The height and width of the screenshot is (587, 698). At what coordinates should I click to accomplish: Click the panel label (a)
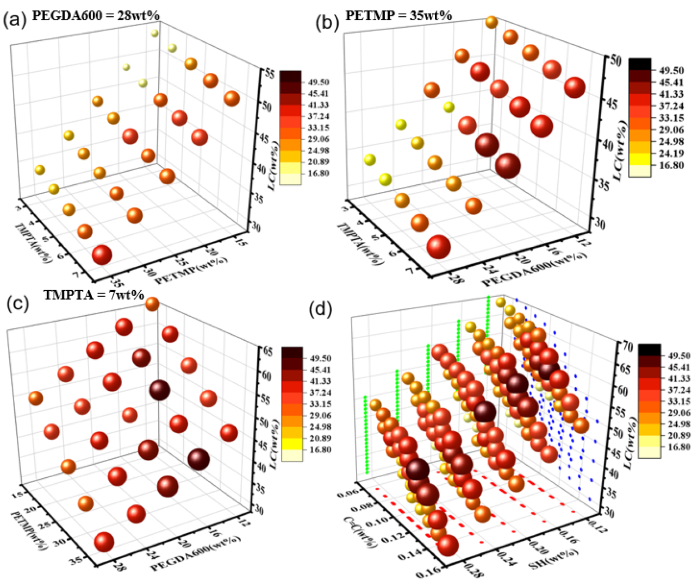click(x=14, y=20)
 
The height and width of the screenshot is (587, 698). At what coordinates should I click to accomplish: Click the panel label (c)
click(x=17, y=303)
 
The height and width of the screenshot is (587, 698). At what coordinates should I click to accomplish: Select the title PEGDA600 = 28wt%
click(x=96, y=15)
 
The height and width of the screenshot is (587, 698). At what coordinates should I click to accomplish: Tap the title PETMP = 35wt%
click(x=398, y=15)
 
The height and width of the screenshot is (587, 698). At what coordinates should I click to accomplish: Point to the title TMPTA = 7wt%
click(x=94, y=295)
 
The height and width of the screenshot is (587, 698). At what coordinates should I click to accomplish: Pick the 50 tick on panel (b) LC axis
click(x=614, y=60)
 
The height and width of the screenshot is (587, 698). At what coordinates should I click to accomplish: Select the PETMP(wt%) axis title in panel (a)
click(x=191, y=270)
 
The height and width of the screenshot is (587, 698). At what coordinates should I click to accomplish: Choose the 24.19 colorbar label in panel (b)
click(x=670, y=153)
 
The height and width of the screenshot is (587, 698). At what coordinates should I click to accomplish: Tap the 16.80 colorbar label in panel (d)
click(x=679, y=447)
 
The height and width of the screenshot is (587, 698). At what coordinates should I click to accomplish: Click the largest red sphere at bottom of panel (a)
click(x=102, y=254)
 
